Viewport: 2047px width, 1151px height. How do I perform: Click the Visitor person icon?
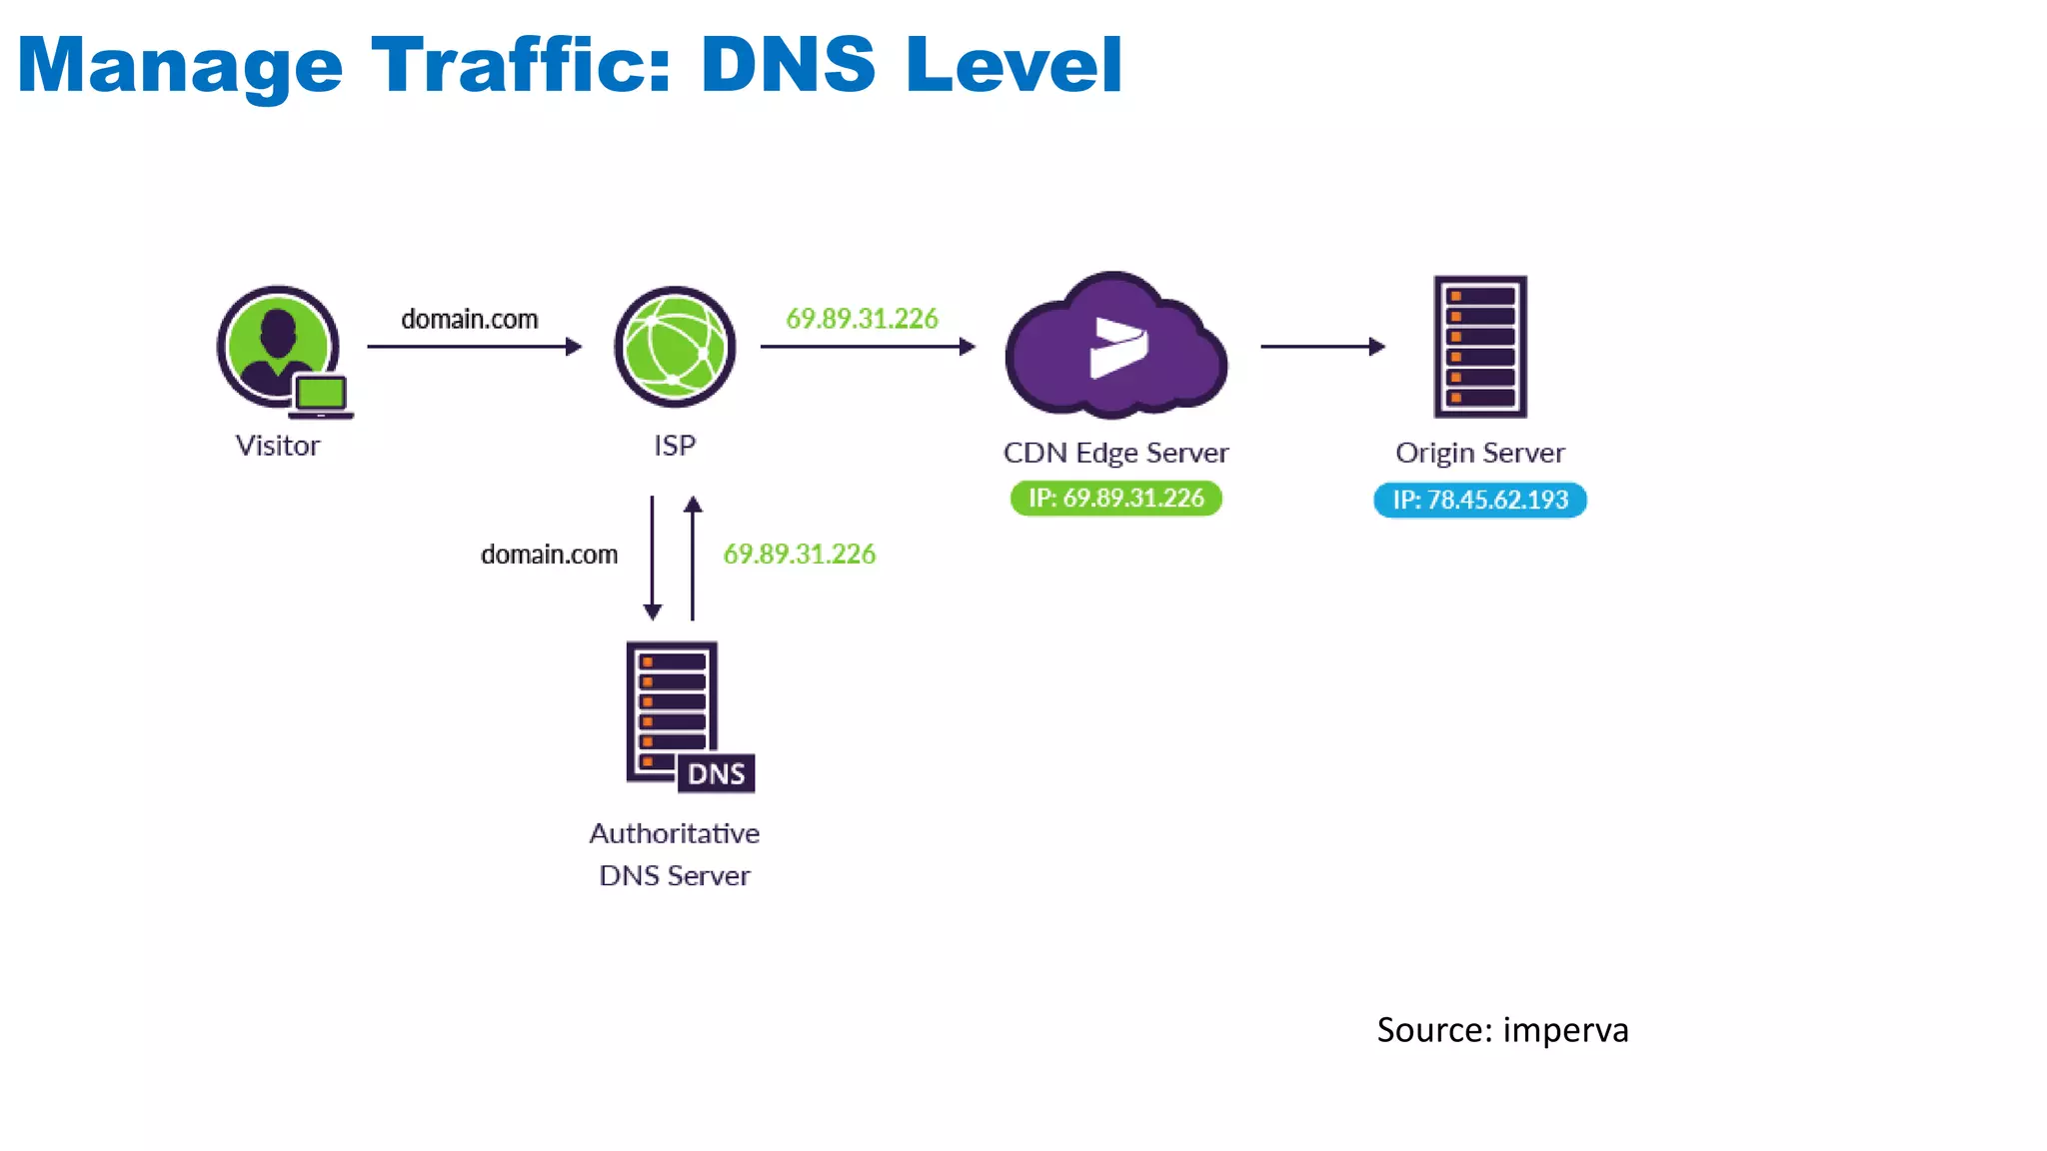click(277, 344)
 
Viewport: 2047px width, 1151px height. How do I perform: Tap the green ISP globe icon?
click(675, 347)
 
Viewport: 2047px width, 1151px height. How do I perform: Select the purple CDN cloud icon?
click(1115, 346)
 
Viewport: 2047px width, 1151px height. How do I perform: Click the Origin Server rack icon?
click(1480, 346)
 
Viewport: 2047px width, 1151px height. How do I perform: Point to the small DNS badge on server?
click(717, 773)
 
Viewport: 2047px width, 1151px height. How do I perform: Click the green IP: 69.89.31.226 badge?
click(1115, 498)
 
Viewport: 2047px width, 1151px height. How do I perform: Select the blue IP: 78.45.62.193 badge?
click(1480, 500)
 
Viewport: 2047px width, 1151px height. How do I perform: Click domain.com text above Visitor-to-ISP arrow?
click(470, 319)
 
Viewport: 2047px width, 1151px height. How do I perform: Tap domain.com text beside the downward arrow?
click(549, 555)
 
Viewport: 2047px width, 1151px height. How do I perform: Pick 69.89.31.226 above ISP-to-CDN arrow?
click(862, 319)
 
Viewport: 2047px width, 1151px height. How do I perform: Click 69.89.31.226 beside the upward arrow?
click(800, 555)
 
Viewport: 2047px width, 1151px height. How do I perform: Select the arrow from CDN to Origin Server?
click(1322, 347)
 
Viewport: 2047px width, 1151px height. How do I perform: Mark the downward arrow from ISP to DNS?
click(653, 558)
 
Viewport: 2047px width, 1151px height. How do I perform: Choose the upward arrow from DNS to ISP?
click(693, 558)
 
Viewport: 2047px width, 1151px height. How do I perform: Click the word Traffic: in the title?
click(520, 66)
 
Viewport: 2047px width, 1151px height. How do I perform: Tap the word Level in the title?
click(1014, 66)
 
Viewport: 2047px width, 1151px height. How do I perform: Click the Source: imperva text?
click(1502, 1030)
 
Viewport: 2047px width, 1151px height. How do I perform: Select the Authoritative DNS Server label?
click(675, 854)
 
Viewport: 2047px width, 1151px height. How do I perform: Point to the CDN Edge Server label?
click(1115, 453)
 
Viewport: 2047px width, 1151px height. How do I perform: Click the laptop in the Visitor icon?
click(321, 395)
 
